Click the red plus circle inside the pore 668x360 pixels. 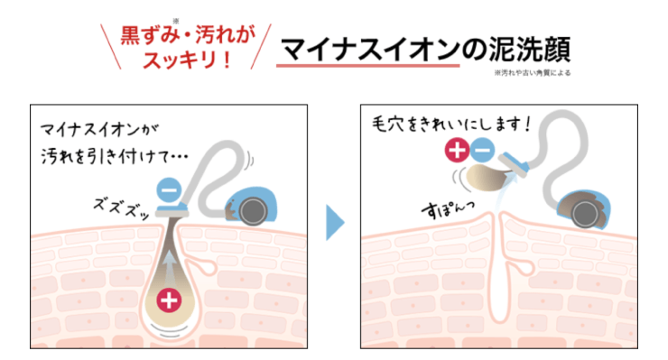click(x=168, y=300)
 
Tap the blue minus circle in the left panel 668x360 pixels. click(x=167, y=189)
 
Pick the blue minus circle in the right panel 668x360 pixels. click(x=482, y=151)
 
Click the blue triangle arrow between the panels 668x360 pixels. click(x=335, y=224)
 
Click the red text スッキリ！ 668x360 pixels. click(x=189, y=61)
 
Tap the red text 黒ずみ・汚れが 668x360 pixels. click(x=189, y=37)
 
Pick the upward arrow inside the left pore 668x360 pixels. click(x=168, y=266)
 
